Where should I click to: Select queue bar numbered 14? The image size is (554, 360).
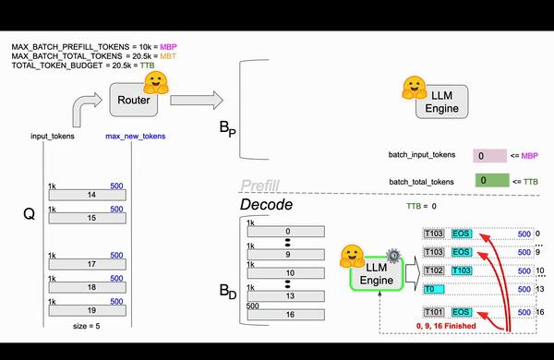(x=91, y=195)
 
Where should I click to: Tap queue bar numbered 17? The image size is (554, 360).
(x=91, y=263)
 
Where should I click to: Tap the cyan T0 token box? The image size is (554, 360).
(x=435, y=289)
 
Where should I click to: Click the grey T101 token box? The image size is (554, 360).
(x=435, y=311)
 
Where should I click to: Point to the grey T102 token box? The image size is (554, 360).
(x=435, y=270)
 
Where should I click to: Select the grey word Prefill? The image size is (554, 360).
(x=259, y=186)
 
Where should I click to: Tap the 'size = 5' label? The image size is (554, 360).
(x=90, y=326)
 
